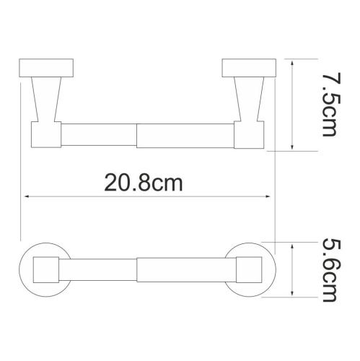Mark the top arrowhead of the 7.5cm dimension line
pyautogui.click(x=291, y=64)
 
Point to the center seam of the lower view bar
pyautogui.click(x=137, y=268)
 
